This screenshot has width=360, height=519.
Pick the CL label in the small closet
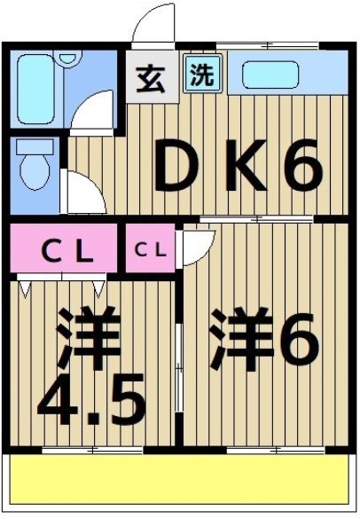click(x=149, y=250)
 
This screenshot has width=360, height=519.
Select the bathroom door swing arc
click(x=93, y=113)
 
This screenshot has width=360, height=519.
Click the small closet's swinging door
click(x=197, y=246)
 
